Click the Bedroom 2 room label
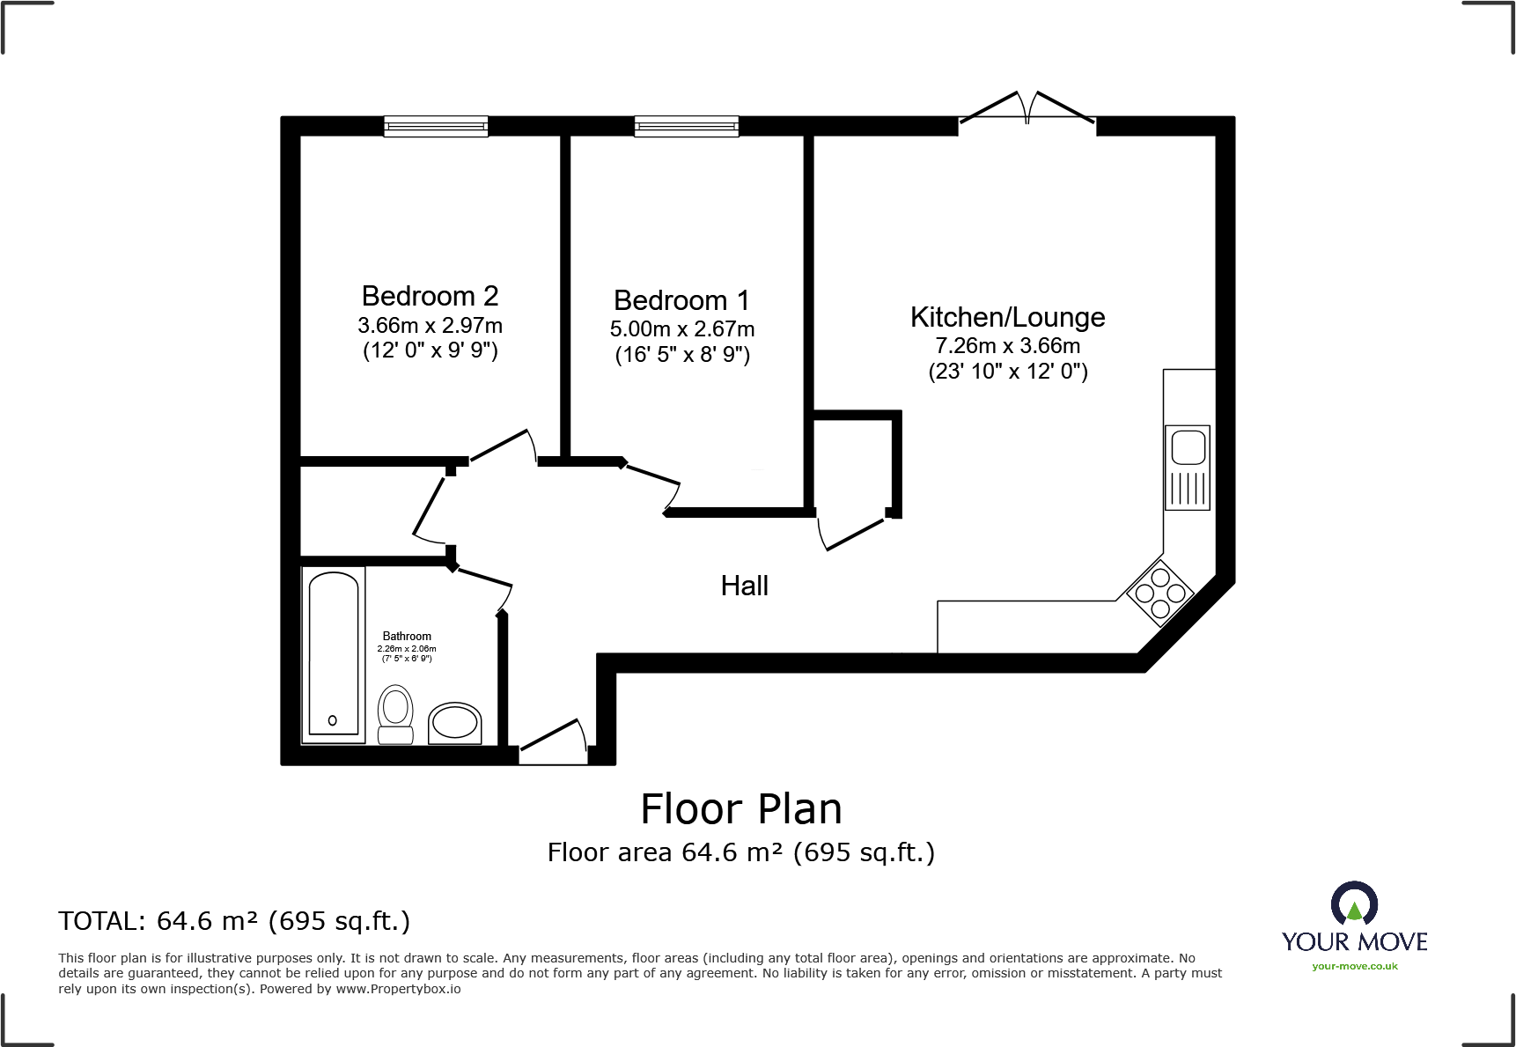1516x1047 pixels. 430,296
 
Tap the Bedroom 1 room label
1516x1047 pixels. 681,300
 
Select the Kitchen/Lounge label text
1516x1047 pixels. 1007,317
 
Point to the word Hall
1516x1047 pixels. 744,586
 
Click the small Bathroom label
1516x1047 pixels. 407,636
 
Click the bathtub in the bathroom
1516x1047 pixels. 334,654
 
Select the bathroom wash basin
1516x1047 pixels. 454,723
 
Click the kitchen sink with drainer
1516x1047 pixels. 1187,468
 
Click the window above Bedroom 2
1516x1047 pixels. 436,127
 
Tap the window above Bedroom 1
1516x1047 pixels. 686,127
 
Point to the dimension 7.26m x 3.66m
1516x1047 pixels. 1007,346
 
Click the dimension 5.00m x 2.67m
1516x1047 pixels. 681,329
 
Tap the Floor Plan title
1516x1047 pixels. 740,808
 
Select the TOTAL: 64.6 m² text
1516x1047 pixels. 234,921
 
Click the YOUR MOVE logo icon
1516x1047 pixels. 1354,904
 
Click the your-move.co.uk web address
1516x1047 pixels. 1354,966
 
